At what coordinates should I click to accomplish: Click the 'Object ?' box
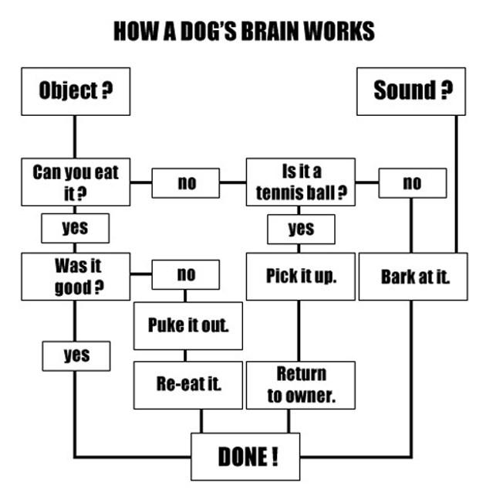(x=76, y=91)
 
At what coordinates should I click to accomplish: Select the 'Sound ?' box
(x=411, y=91)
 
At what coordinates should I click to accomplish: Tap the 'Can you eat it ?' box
(x=76, y=182)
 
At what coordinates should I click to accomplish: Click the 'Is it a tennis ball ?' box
(x=301, y=182)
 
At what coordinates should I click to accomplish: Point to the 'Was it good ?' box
(x=76, y=277)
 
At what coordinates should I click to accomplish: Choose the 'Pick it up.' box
(x=301, y=277)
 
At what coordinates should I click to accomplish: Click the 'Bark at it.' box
(x=413, y=277)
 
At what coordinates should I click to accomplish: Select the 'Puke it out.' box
(x=188, y=326)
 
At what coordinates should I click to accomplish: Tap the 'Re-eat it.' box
(x=188, y=385)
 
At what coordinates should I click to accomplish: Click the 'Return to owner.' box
(x=301, y=385)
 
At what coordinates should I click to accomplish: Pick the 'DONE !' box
(x=245, y=457)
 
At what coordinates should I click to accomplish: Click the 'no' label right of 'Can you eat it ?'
(x=186, y=183)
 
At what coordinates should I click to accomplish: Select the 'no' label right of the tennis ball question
(x=413, y=183)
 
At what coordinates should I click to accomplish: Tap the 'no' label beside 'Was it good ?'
(x=186, y=274)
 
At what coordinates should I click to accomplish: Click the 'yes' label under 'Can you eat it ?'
(x=75, y=228)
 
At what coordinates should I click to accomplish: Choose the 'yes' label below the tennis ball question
(x=301, y=229)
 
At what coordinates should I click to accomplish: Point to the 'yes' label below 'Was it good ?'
(x=76, y=356)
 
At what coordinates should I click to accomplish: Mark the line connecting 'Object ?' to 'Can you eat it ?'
(x=75, y=137)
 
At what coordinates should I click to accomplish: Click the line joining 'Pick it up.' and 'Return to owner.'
(x=299, y=331)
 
